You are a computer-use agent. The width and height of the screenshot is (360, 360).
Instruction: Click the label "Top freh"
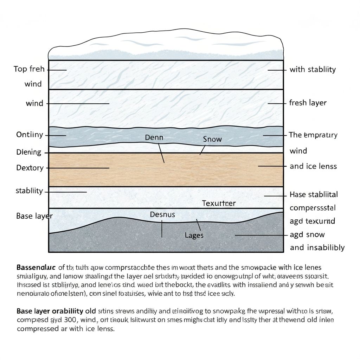coord(29,69)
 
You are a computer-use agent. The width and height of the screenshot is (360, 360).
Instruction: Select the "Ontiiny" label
coord(30,135)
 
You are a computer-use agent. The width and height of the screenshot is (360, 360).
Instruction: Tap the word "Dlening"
coord(28,152)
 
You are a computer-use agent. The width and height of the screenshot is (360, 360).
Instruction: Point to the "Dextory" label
coord(30,168)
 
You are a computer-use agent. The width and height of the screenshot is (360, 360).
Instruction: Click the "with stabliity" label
coord(312,69)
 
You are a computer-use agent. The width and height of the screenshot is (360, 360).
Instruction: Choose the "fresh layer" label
coord(308,103)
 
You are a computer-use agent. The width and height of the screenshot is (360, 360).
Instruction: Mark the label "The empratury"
coord(313,135)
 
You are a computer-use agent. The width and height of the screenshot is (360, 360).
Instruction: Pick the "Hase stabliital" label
coord(314,194)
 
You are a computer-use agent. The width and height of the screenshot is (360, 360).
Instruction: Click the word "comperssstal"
coord(313,208)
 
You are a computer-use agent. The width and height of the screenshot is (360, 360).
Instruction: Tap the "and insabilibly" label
coord(317,247)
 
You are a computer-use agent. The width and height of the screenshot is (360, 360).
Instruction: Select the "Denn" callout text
coord(154,137)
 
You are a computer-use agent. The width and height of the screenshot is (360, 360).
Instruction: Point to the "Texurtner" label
coord(219,203)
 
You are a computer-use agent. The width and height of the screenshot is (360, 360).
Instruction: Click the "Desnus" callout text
coord(162,214)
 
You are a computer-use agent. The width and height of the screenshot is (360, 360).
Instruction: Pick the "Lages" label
coord(194,235)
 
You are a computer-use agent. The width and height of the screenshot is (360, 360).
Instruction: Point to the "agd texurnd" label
coord(312,221)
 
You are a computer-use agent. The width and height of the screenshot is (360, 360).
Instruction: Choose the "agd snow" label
coord(307,234)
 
